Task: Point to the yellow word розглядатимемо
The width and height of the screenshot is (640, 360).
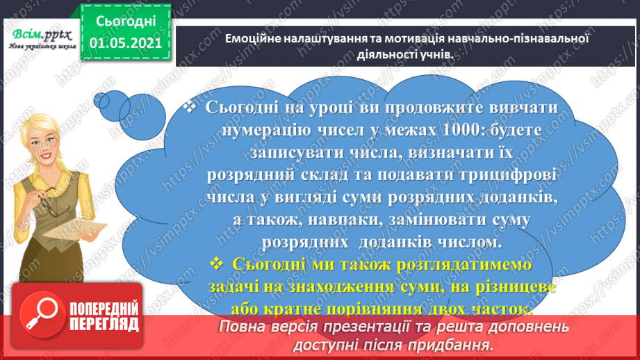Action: pos(462,265)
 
